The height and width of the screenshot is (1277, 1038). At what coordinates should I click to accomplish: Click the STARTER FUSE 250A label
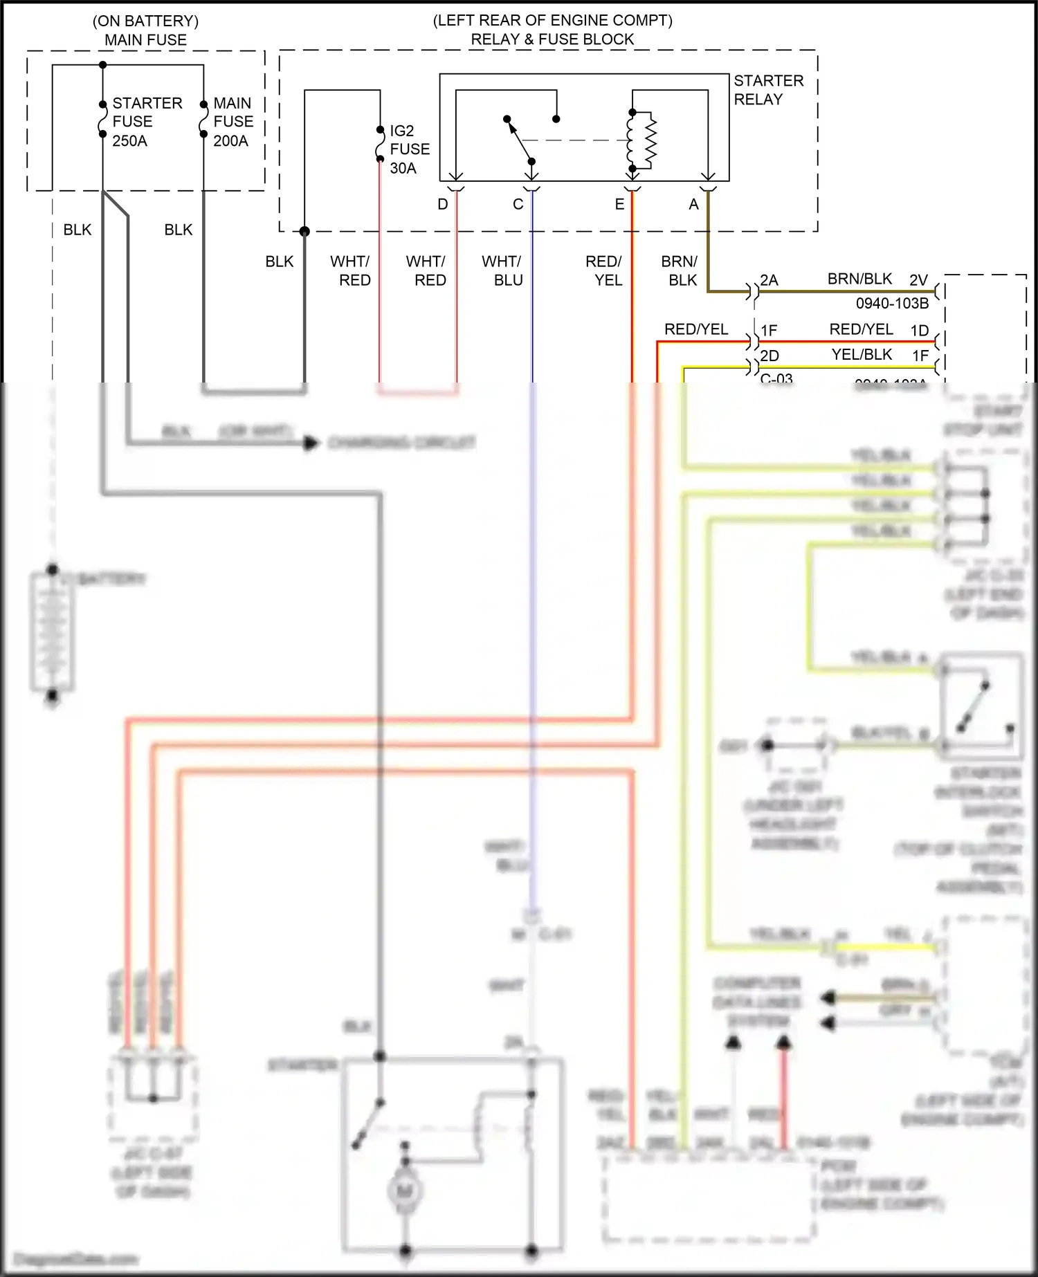tap(147, 122)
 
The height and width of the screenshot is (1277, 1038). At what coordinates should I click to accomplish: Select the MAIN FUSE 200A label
tap(233, 122)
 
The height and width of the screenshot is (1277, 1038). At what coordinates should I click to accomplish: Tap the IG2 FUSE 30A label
tap(409, 149)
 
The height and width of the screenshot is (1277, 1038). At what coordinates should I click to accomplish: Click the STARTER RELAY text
tap(768, 90)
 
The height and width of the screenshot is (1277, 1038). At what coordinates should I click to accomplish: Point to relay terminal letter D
tap(443, 204)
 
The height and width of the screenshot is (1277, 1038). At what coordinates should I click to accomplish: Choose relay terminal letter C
tap(518, 204)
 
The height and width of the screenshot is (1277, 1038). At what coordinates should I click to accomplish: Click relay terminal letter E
tap(619, 204)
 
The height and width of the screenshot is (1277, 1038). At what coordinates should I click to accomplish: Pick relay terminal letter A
tap(693, 204)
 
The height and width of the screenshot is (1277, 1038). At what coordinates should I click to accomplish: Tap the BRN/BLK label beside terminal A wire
tap(680, 270)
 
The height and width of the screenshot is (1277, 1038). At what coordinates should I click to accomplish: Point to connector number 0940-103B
tap(892, 303)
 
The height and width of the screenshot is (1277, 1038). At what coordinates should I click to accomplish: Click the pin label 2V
tap(918, 280)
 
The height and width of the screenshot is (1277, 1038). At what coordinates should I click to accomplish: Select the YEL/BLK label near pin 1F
tap(862, 355)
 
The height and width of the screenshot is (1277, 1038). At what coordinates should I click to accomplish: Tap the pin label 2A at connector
tap(769, 280)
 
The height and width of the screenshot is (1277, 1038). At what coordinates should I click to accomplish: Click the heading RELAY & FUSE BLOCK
tap(552, 39)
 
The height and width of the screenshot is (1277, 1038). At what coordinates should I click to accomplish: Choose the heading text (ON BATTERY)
tap(145, 21)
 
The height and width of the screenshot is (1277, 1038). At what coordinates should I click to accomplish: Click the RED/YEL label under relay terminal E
tap(604, 270)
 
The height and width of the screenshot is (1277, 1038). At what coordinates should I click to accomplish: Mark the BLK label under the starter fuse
tap(77, 230)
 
